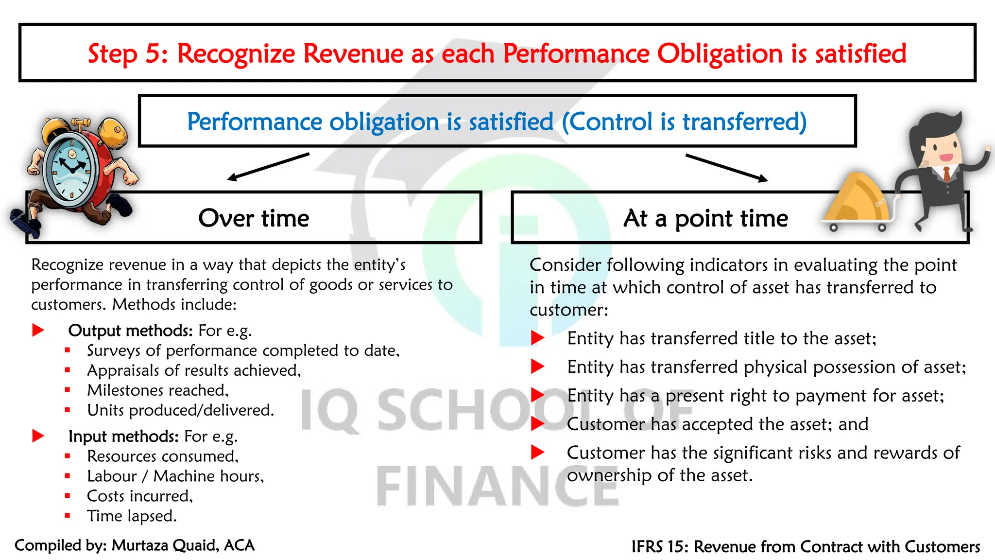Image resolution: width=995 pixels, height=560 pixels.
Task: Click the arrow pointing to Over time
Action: (268, 166)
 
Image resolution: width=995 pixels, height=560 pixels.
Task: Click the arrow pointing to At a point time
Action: (726, 168)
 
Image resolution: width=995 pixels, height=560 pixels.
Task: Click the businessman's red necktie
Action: (946, 174)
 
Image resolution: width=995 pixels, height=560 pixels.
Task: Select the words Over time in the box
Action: (254, 218)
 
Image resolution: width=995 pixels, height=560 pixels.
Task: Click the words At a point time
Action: (705, 218)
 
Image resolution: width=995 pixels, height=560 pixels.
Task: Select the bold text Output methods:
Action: (131, 331)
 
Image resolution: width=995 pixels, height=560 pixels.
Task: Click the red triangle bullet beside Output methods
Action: (38, 331)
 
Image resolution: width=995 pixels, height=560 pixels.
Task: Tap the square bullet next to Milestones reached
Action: (68, 390)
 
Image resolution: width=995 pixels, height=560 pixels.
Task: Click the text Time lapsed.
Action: (132, 516)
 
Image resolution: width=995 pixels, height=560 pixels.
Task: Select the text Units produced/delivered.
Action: (180, 410)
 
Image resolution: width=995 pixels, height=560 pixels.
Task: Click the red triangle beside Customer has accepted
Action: (537, 424)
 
